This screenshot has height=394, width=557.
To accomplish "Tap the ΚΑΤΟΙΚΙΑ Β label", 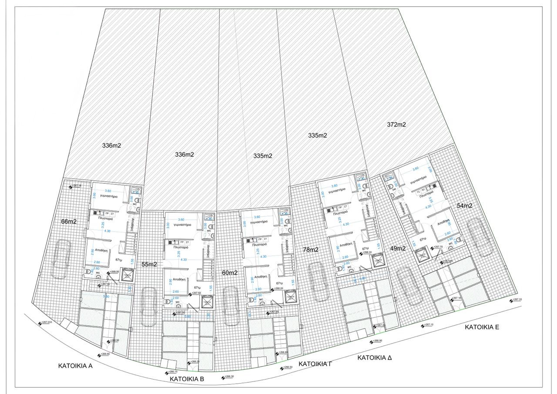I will (187, 379).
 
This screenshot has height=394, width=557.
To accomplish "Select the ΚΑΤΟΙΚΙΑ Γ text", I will (315, 364).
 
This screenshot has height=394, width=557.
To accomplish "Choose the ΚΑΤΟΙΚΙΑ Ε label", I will (482, 327).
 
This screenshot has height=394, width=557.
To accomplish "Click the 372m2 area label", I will (396, 125).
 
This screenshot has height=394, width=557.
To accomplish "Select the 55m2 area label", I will (149, 264).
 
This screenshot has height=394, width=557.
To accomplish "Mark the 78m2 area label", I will (311, 250).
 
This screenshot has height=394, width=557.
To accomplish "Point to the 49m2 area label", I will (398, 249).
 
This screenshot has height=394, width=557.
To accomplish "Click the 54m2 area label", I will (464, 205).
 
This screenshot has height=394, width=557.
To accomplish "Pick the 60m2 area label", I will (229, 273).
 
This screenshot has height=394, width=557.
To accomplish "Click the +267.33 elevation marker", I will (516, 300).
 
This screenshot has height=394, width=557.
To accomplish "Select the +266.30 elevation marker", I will (227, 377).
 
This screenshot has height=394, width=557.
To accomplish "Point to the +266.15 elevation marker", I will (171, 372).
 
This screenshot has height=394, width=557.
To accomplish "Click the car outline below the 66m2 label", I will (61, 261).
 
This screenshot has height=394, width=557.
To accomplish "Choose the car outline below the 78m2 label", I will (316, 282).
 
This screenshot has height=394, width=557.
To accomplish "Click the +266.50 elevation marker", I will (286, 368).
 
